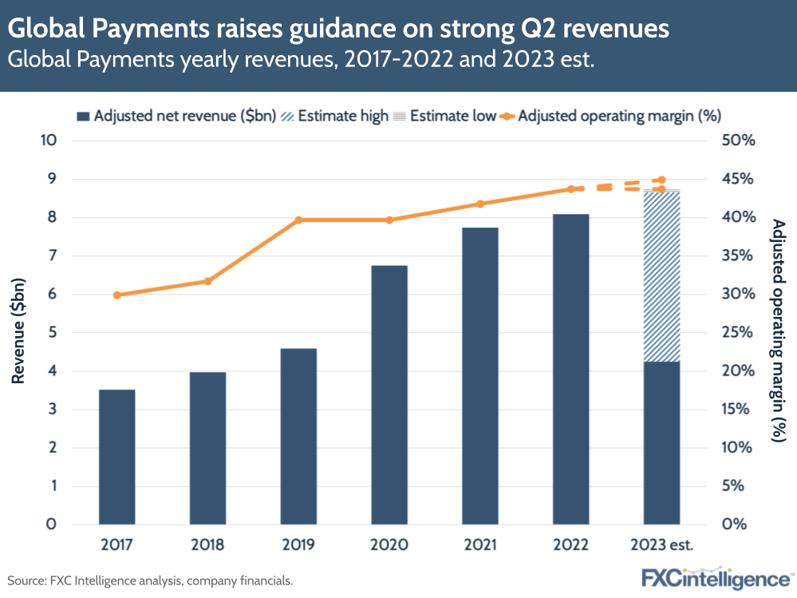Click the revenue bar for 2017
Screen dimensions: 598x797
tap(117, 457)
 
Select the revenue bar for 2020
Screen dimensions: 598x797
tap(390, 395)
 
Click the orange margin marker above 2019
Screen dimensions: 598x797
tap(298, 220)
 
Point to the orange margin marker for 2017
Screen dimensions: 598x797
tap(117, 295)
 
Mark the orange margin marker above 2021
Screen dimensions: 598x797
tap(480, 204)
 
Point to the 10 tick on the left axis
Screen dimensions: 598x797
tap(49, 141)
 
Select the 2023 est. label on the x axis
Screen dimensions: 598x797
tap(662, 547)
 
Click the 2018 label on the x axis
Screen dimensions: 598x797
tap(207, 547)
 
